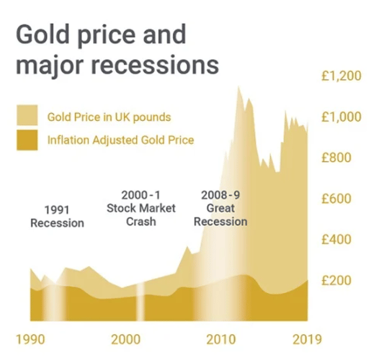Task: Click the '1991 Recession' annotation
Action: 57,215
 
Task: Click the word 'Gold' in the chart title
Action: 44,34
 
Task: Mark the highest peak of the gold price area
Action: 238,87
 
